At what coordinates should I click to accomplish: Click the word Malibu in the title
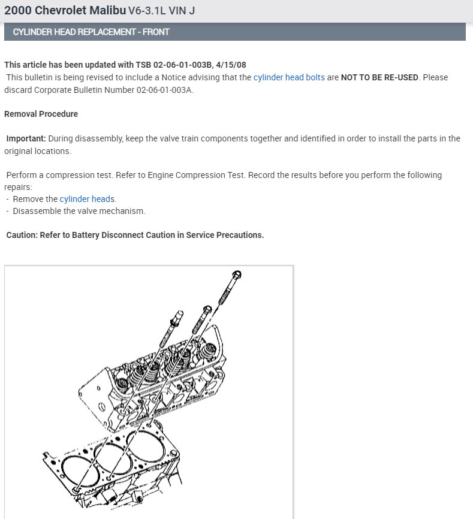click(107, 10)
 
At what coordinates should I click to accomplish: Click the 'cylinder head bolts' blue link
click(289, 77)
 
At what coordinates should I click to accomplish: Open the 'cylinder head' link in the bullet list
click(85, 199)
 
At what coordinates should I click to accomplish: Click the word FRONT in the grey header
click(155, 32)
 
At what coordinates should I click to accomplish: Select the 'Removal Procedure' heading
click(41, 114)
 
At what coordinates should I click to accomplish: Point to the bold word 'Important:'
click(26, 138)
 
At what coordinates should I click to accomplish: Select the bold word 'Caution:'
click(22, 235)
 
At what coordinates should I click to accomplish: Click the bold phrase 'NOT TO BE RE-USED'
click(379, 77)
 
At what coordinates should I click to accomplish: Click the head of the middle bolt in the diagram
click(206, 310)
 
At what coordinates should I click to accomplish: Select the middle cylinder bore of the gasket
click(112, 458)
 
